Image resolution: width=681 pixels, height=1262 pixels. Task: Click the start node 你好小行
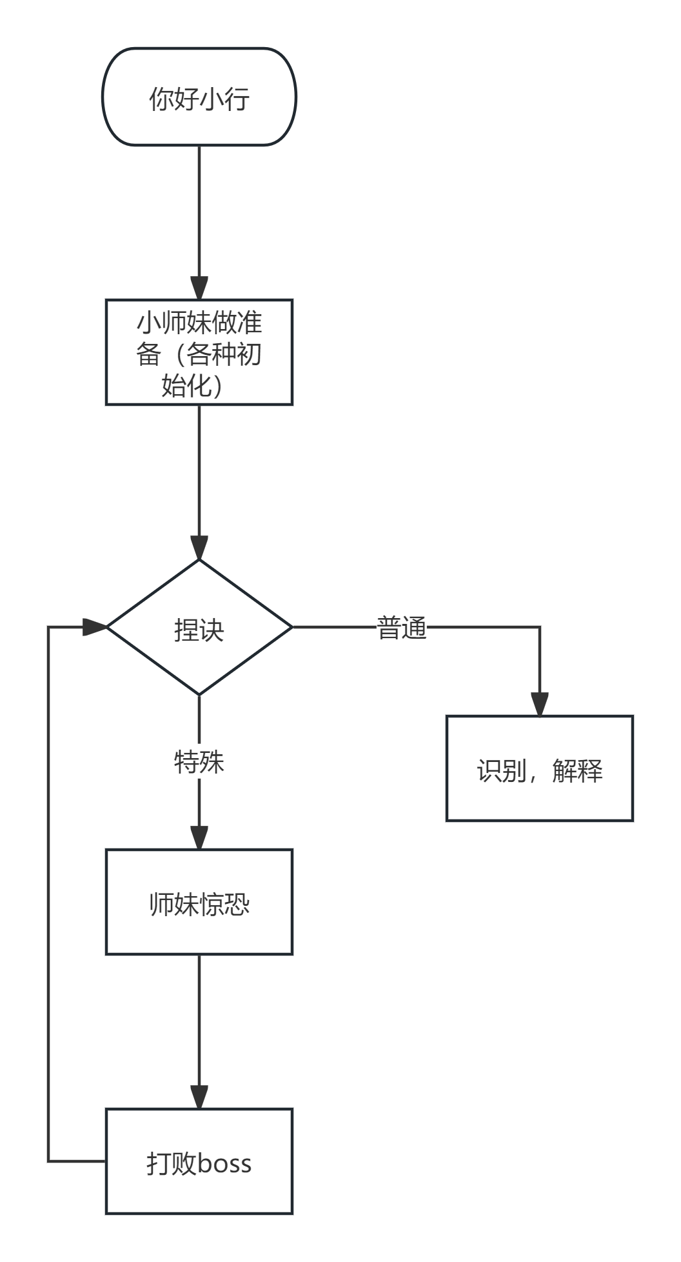(199, 97)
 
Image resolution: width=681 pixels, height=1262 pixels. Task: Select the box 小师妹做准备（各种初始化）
(199, 352)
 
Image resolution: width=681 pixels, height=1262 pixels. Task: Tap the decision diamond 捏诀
(199, 627)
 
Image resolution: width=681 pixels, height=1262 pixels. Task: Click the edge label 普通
(402, 627)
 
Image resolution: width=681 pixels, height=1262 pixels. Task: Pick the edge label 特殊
(199, 762)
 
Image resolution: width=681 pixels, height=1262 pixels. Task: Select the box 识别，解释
(540, 768)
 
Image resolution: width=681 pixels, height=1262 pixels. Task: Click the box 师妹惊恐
(199, 902)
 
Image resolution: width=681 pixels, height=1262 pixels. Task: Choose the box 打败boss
(199, 1162)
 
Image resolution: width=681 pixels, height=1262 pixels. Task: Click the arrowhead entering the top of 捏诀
(199, 548)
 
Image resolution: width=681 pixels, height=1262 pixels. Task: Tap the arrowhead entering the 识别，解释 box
(540, 705)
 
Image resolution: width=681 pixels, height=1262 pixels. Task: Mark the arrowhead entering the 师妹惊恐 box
(199, 838)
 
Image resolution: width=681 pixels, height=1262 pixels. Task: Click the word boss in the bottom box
(224, 1163)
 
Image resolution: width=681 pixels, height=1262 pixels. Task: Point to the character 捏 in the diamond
(186, 630)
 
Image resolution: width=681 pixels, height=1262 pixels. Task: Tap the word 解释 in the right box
(577, 770)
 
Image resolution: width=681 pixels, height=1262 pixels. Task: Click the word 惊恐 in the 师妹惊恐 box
(224, 904)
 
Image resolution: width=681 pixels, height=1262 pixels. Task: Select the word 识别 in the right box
(502, 770)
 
